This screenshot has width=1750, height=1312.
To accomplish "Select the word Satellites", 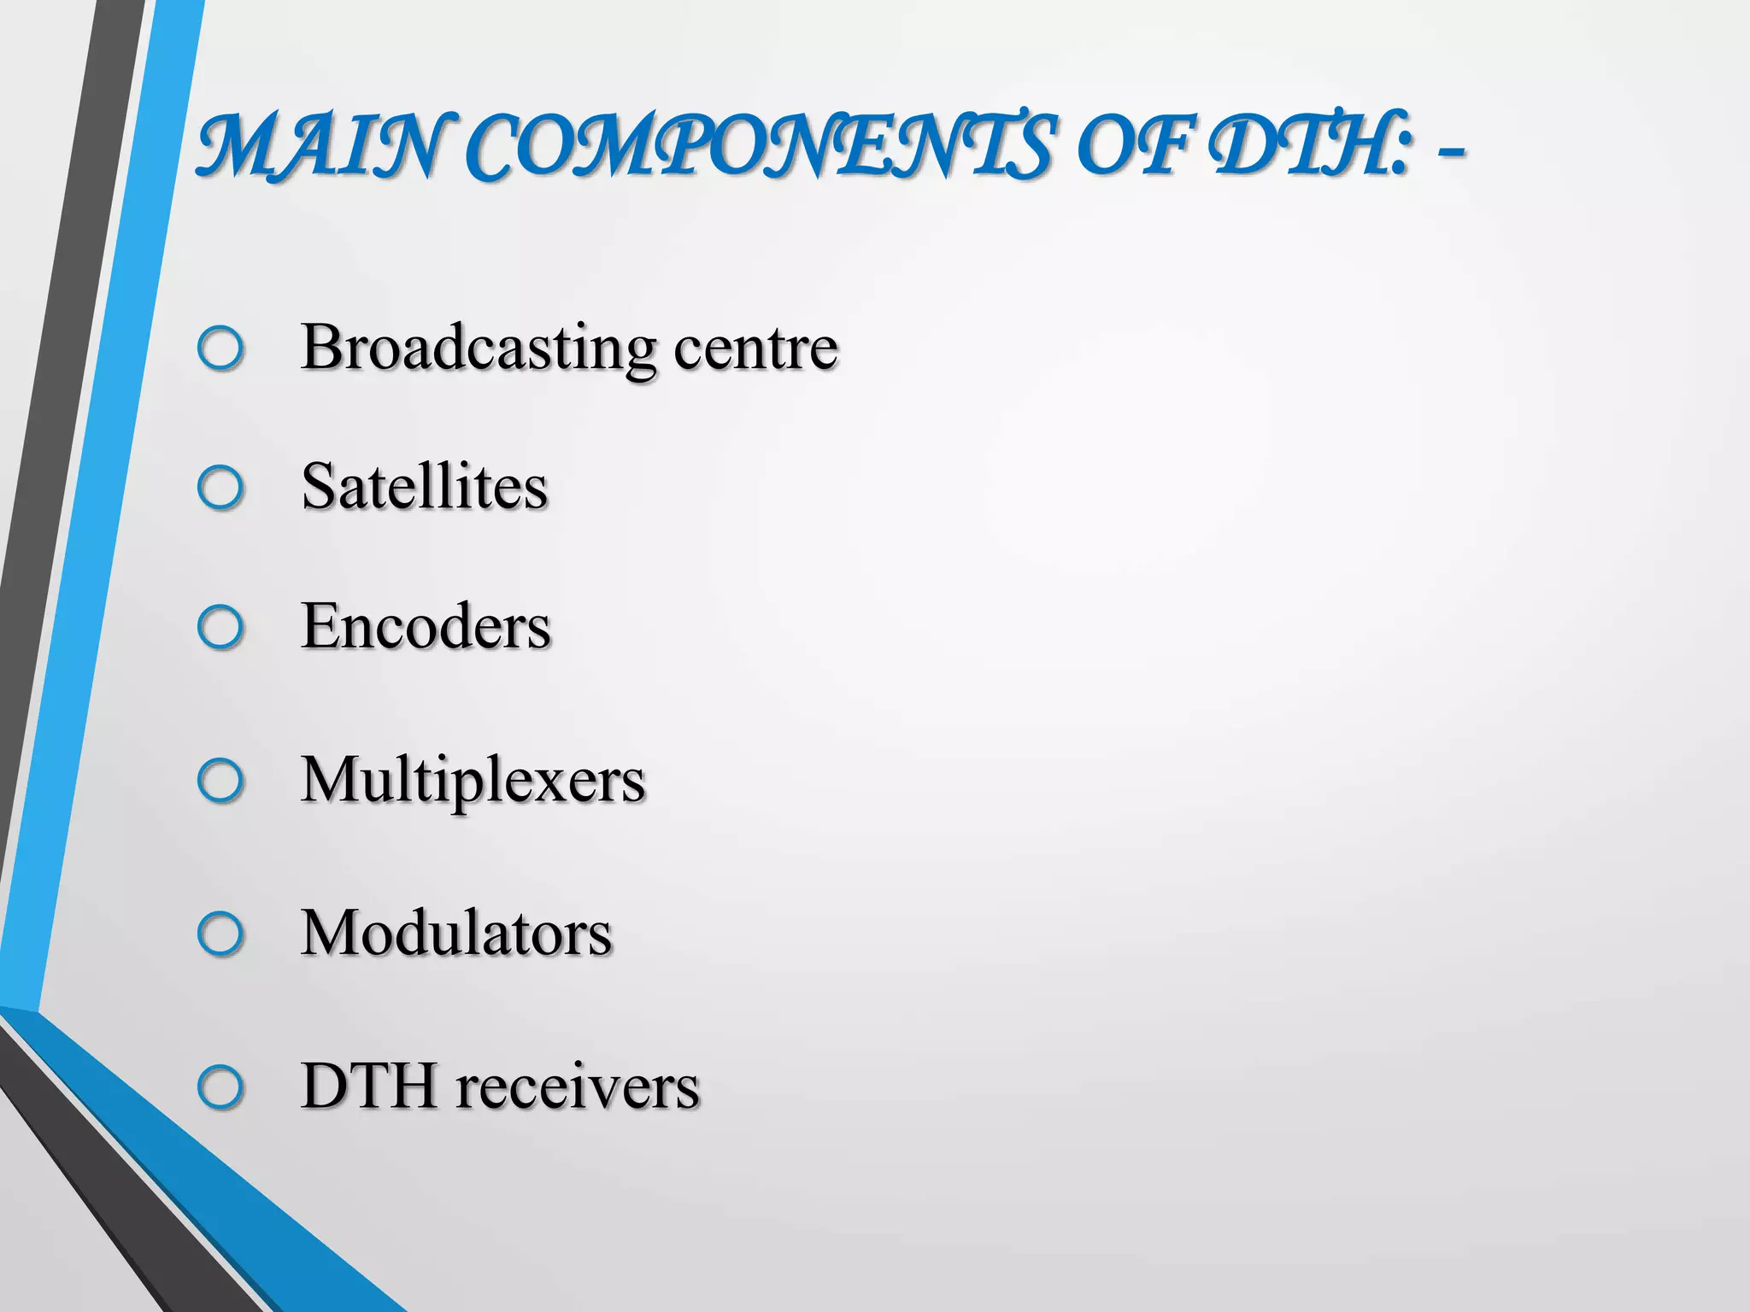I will coord(425,487).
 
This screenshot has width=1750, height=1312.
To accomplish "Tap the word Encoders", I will coord(426,627).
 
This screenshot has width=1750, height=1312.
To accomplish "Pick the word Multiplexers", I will coord(473,781).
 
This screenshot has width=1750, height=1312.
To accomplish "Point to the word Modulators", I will coord(456,934).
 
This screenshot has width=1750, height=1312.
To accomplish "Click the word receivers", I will coord(578,1087).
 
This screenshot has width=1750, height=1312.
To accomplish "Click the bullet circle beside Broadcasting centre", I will coord(220,348).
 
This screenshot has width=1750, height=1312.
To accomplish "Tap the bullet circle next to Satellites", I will coord(220,488).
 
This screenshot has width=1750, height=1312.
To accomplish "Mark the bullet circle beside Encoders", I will coord(220,628).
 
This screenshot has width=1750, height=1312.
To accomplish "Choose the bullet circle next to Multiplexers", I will coord(220,780).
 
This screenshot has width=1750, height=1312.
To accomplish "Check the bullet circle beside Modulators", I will coord(220,934).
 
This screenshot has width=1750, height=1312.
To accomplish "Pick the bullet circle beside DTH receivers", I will coord(220,1087).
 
